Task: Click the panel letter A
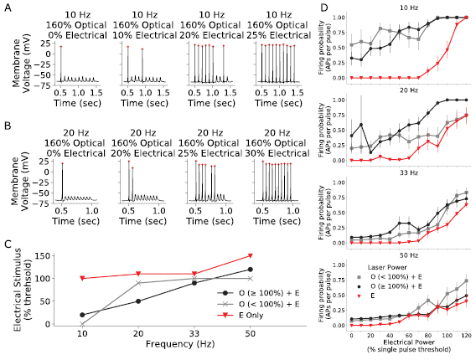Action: [7, 9]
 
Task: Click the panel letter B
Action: [7, 127]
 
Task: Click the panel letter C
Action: [7, 244]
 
